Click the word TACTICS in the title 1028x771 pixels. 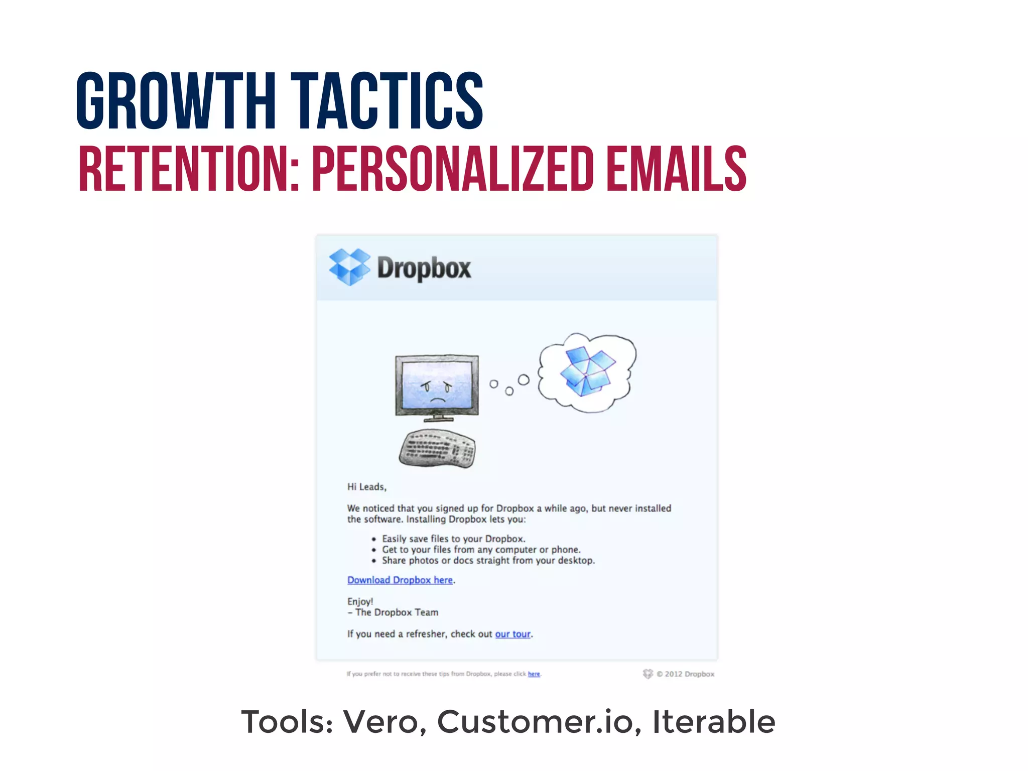[387, 100]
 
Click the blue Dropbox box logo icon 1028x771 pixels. [349, 267]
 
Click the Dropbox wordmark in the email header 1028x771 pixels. [424, 268]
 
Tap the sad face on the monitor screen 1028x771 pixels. [437, 392]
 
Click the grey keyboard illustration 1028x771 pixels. [437, 448]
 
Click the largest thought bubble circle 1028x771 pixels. [524, 379]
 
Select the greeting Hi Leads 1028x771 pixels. [366, 487]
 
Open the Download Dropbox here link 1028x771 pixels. [400, 580]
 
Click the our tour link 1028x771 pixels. [512, 634]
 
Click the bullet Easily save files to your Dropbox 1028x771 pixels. [453, 539]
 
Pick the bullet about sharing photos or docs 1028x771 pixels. [488, 561]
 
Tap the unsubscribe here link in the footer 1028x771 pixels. [534, 674]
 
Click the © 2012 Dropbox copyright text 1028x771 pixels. [685, 674]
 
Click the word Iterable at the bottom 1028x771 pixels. [713, 722]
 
